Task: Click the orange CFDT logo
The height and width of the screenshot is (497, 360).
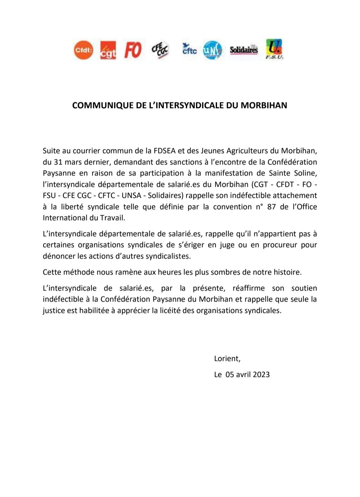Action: (x=83, y=50)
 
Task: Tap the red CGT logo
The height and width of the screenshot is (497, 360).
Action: (x=108, y=50)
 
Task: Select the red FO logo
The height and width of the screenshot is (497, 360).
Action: (x=133, y=50)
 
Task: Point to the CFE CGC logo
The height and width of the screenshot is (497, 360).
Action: (x=160, y=50)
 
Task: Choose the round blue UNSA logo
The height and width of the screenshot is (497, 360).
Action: (x=212, y=50)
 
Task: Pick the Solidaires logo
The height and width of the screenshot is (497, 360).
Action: (x=244, y=50)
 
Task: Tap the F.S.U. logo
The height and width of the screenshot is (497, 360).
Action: (x=274, y=49)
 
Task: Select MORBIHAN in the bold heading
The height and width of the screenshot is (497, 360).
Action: (x=264, y=105)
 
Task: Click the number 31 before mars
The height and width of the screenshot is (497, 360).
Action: (x=57, y=162)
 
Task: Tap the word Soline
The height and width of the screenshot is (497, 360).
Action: (x=304, y=173)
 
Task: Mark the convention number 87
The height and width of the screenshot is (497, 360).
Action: (x=271, y=207)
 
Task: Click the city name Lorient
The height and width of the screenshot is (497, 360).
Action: (x=226, y=359)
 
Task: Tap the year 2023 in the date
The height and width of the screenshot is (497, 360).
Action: (x=261, y=374)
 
